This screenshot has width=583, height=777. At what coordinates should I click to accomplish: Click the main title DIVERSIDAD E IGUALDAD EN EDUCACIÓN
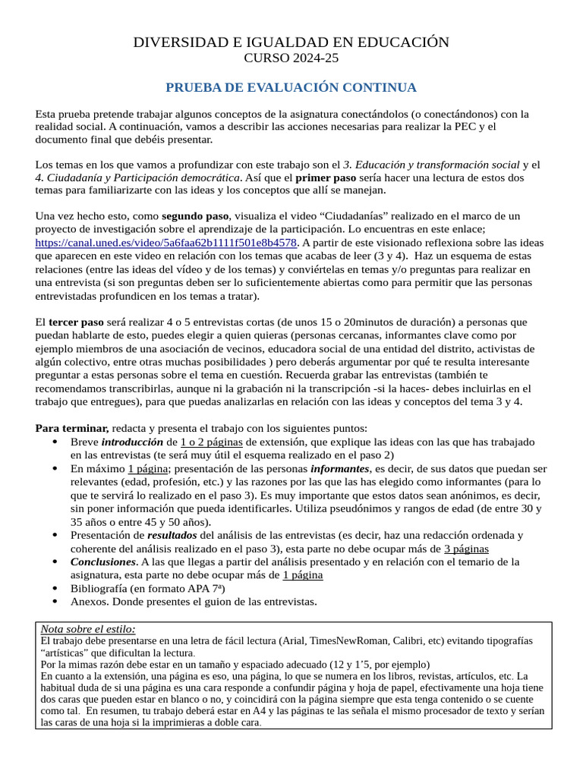291,42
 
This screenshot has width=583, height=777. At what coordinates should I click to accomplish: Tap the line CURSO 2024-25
291,58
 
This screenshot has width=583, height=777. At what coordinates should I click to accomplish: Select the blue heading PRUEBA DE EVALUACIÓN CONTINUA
291,88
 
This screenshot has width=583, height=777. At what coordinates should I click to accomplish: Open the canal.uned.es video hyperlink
166,244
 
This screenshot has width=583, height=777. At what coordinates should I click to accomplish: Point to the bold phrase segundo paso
195,216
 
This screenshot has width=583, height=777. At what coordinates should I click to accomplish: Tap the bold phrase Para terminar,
73,427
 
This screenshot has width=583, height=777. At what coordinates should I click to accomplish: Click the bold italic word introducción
132,442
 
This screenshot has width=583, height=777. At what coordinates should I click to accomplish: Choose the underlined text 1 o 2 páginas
212,442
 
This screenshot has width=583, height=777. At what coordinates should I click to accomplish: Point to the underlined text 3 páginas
466,549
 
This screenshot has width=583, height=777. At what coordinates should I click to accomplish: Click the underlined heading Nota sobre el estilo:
87,629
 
